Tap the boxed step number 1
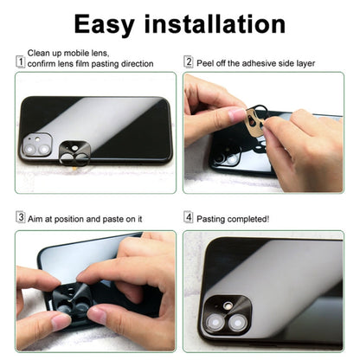[20, 62]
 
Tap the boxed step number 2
[189, 62]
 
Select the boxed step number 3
[20, 218]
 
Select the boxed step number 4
[189, 218]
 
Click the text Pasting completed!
[234, 218]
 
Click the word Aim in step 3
[37, 218]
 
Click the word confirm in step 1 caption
[42, 64]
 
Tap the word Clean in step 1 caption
[40, 53]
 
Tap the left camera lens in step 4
[215, 321]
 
